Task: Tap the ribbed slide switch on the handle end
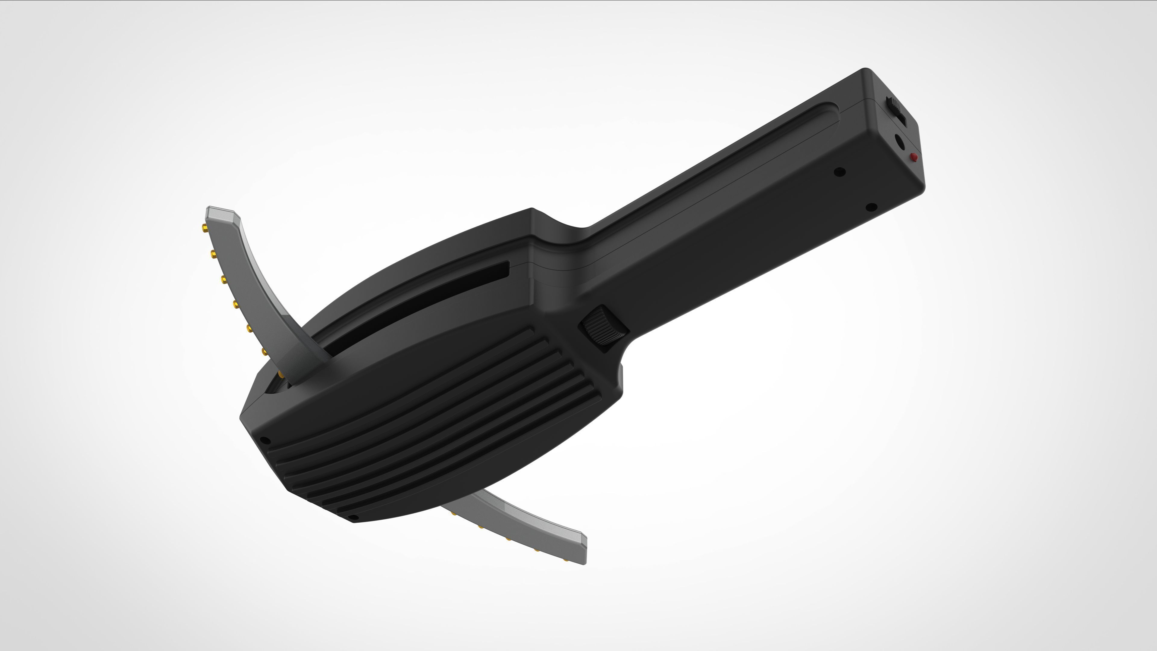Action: [895, 110]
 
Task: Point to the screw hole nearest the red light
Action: [839, 171]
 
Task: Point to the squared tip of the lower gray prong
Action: [584, 548]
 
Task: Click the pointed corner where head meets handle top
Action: [532, 209]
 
